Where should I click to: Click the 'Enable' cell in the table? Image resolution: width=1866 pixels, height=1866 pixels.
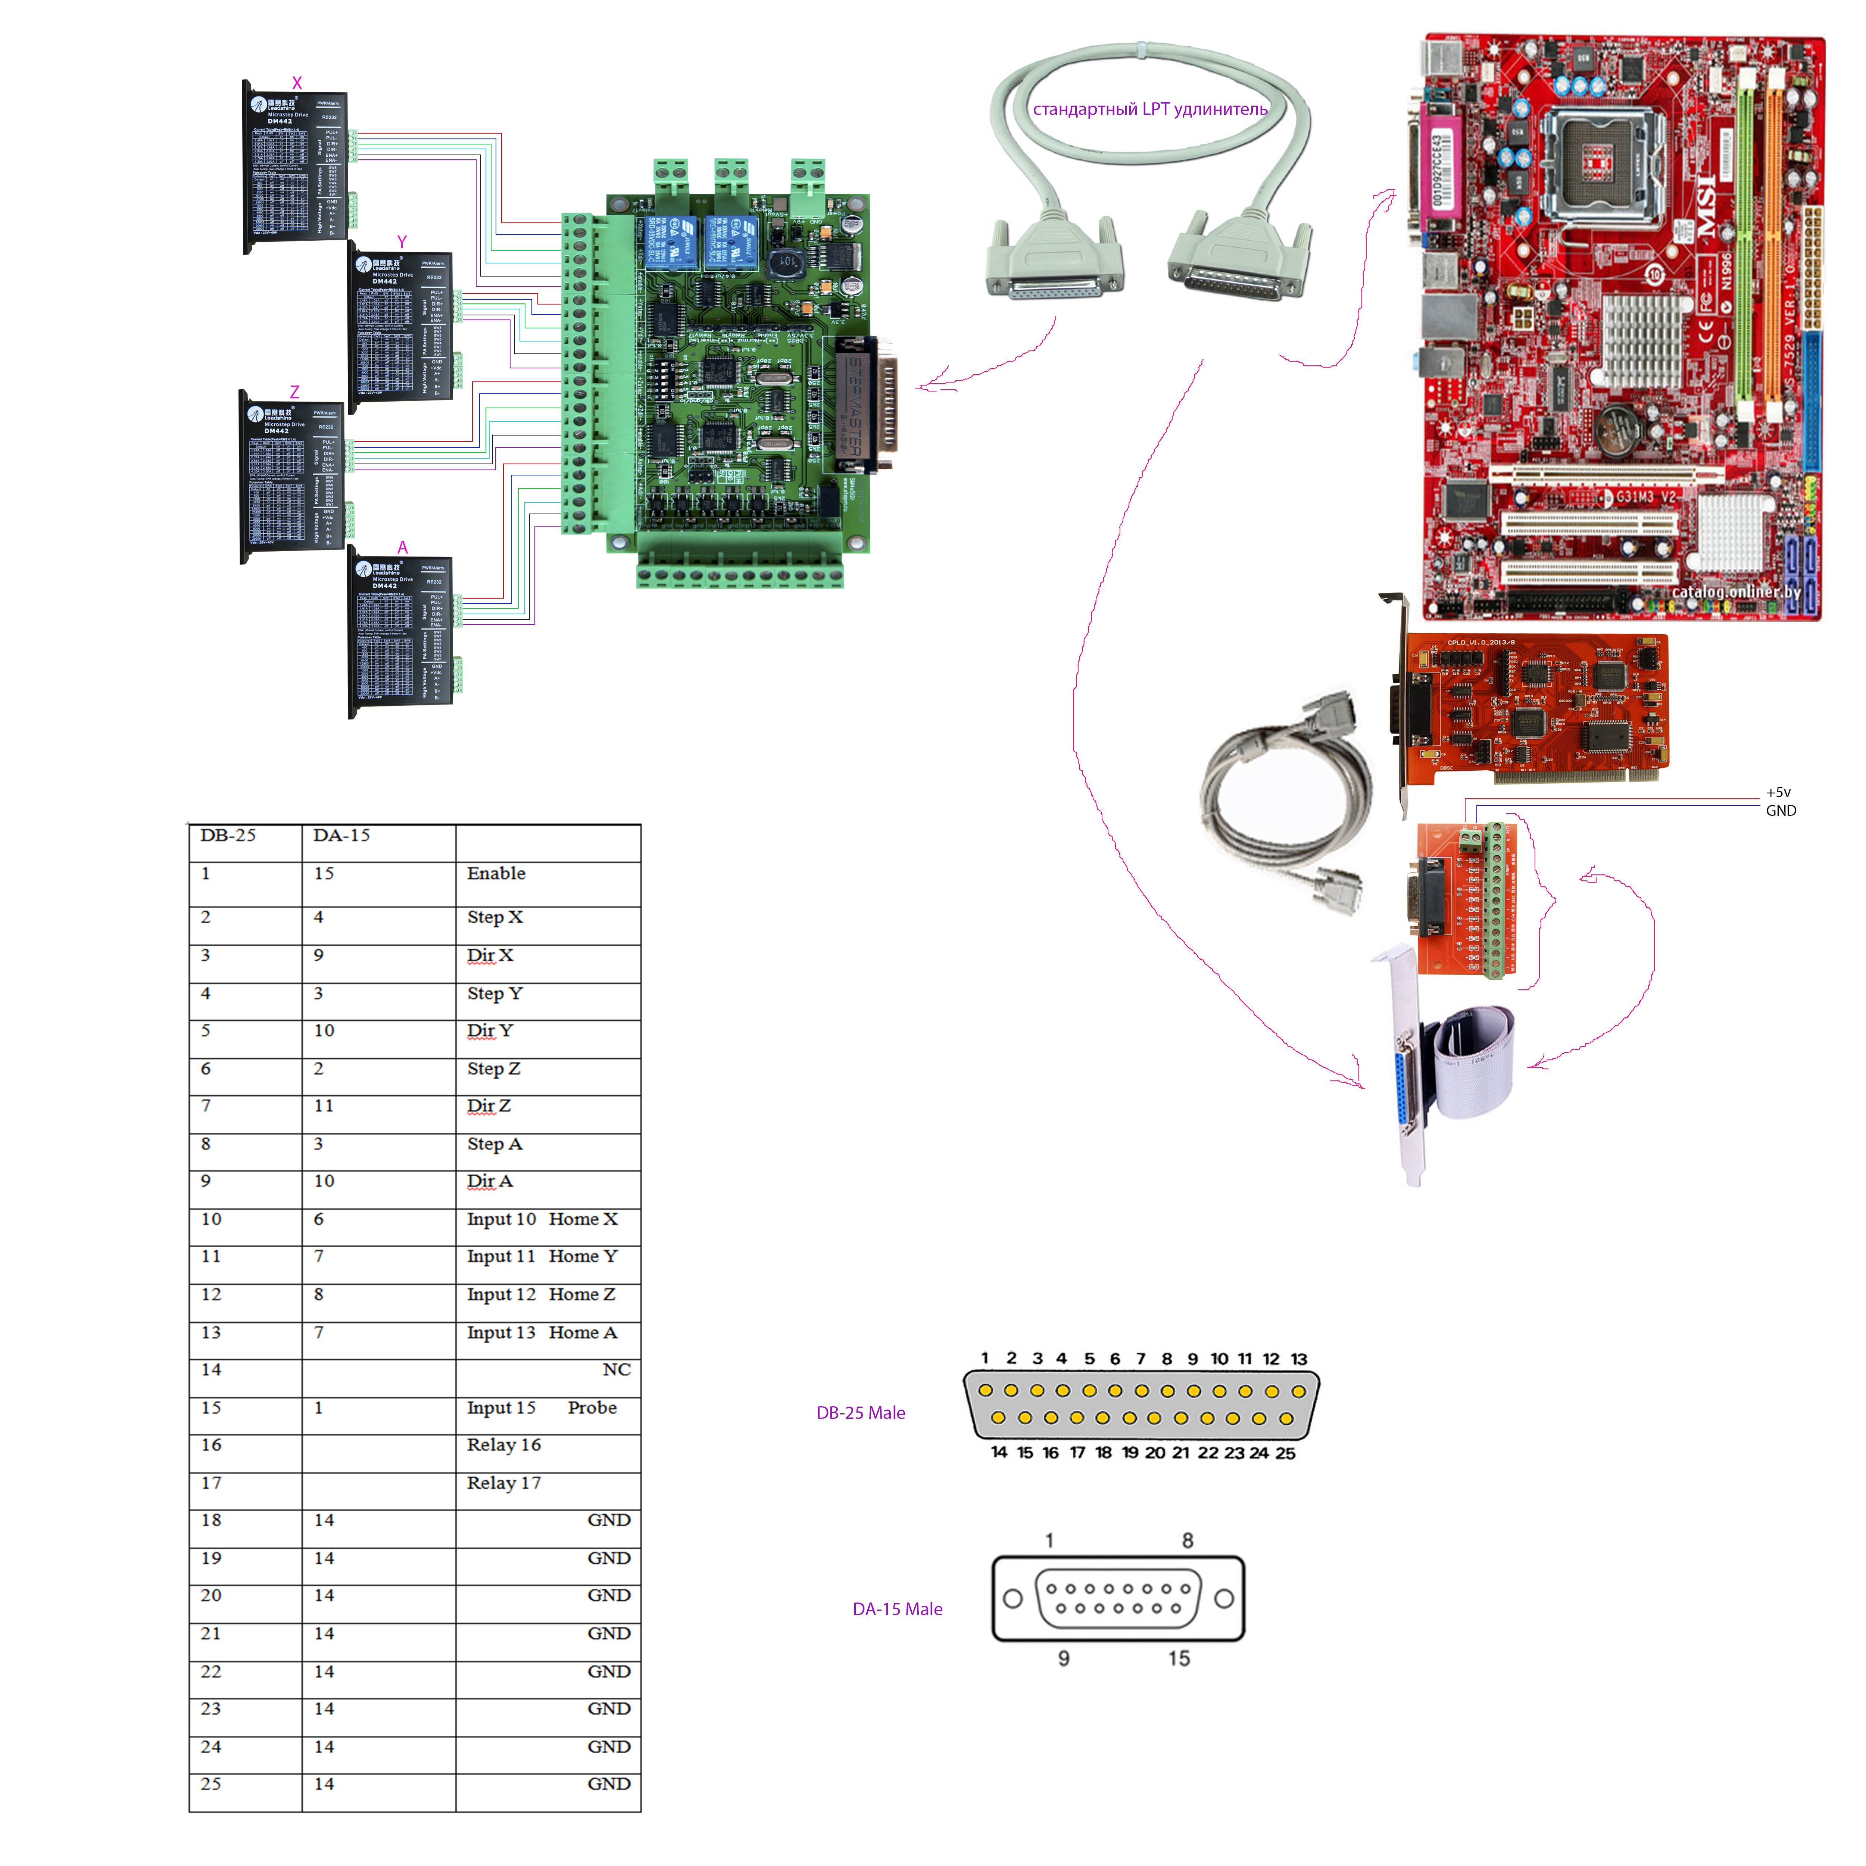point(496,873)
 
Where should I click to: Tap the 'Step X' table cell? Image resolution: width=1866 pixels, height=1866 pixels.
point(494,917)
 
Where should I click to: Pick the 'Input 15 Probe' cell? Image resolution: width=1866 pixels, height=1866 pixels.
point(541,1407)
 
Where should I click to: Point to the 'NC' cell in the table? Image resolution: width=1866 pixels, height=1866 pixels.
point(616,1370)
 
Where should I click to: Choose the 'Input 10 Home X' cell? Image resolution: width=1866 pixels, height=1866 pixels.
point(542,1219)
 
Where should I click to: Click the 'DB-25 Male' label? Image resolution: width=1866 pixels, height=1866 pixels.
point(861,1413)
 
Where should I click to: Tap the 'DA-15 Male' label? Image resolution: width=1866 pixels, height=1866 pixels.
point(897,1609)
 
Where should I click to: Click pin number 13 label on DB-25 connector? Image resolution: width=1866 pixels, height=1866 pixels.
point(1299,1359)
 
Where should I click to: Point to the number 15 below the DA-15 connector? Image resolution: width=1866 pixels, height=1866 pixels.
point(1178,1659)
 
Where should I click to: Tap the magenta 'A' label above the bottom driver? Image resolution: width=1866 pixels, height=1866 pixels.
point(403,547)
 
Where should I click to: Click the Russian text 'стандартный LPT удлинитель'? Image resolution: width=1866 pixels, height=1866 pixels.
point(1149,109)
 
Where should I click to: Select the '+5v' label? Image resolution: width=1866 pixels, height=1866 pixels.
point(1778,792)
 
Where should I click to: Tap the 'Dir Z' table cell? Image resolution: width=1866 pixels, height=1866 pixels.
point(489,1106)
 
